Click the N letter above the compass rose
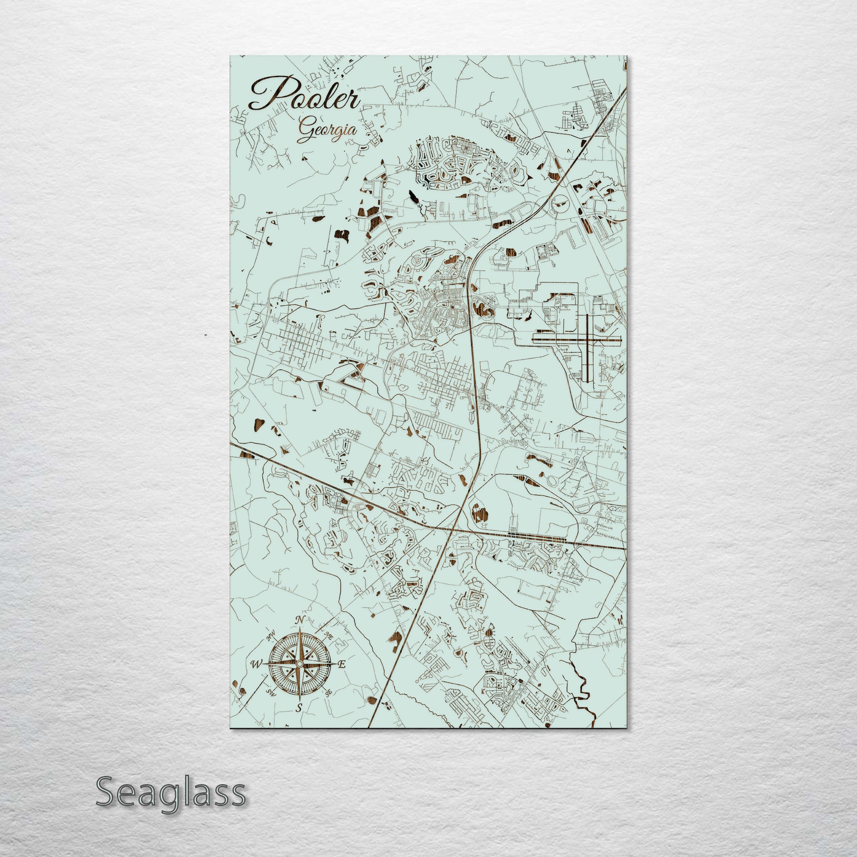(300, 620)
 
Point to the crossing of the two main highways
(452, 529)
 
